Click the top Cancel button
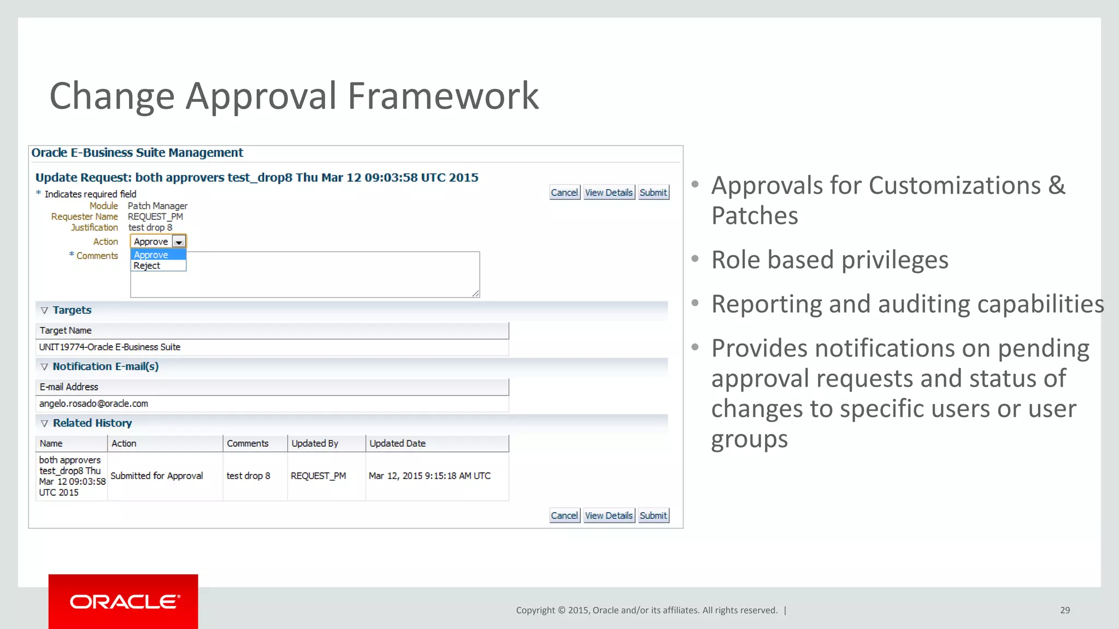(x=564, y=193)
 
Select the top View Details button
(x=609, y=193)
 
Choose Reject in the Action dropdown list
(x=147, y=266)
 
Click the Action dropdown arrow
(x=179, y=242)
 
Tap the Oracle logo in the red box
(x=124, y=602)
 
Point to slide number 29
(x=1065, y=610)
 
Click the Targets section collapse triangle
(x=44, y=311)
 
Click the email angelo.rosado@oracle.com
(x=93, y=403)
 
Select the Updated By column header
(x=315, y=443)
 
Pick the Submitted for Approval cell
(x=157, y=476)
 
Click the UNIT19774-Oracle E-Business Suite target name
(x=110, y=347)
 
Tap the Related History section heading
(x=92, y=423)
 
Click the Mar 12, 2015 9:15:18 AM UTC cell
(x=429, y=476)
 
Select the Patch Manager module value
(x=157, y=206)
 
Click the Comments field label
(x=97, y=256)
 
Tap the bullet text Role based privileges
(x=829, y=260)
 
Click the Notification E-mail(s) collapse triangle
(x=44, y=367)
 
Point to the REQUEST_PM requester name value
(x=155, y=217)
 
